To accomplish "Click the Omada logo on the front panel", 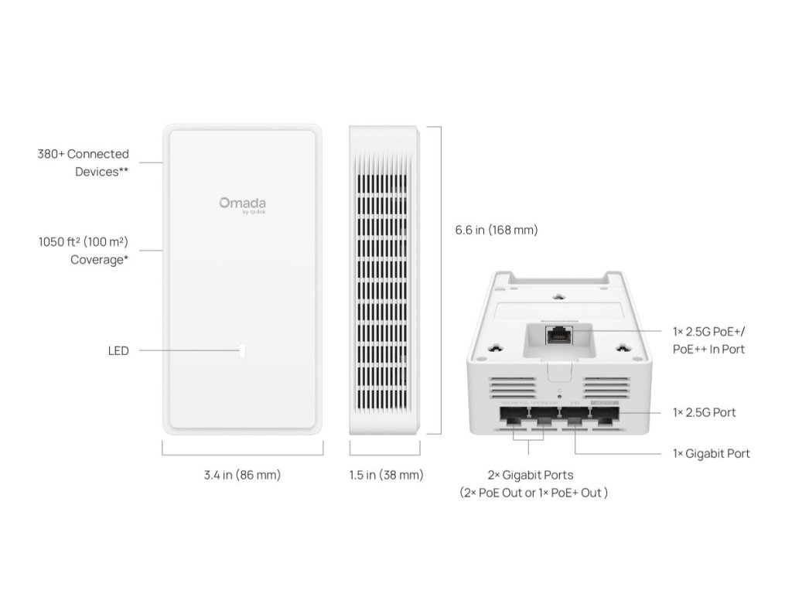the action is (x=242, y=204).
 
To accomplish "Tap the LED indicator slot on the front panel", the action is (x=243, y=350).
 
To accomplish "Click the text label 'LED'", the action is (x=118, y=351).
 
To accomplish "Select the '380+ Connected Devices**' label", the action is (x=84, y=163).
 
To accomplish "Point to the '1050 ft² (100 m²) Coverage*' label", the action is (x=84, y=251).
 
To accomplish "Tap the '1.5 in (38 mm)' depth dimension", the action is (x=386, y=475).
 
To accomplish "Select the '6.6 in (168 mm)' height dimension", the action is (x=496, y=230).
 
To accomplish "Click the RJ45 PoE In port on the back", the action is (x=557, y=336).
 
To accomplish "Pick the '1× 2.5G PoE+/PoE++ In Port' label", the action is (x=709, y=340).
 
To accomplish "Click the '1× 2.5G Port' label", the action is (x=705, y=412).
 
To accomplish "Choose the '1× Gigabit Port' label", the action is (x=712, y=453).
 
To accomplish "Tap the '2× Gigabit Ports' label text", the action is (x=530, y=475).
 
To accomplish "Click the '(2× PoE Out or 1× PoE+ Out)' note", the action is (x=533, y=493).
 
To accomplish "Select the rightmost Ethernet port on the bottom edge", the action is (x=604, y=420).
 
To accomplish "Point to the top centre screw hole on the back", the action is (x=558, y=295).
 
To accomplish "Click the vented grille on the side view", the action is (x=379, y=278).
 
